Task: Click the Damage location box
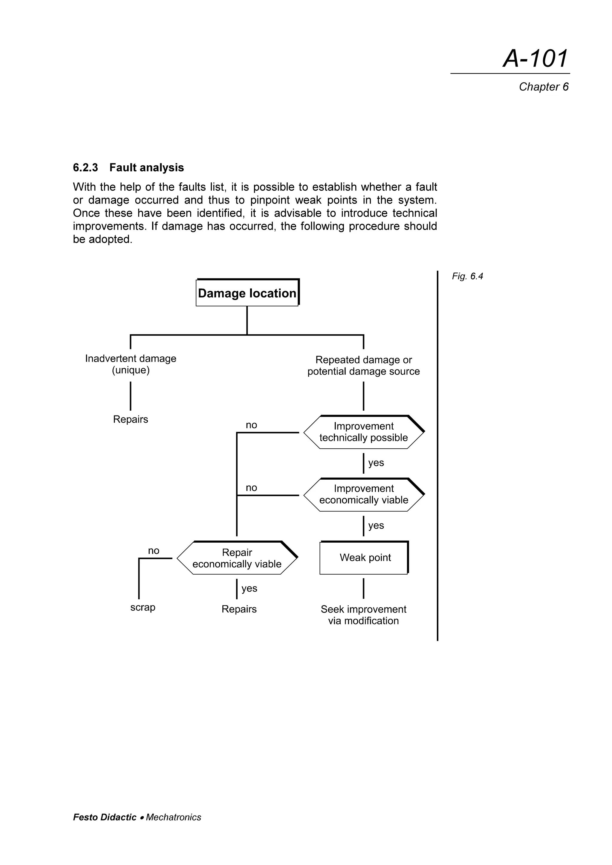[x=247, y=293]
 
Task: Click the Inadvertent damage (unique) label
[x=131, y=364]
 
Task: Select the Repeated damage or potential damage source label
[x=363, y=365]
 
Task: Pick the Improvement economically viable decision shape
[x=363, y=494]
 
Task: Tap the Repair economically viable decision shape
[x=237, y=558]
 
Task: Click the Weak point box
[x=364, y=558]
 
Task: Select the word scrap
[x=143, y=607]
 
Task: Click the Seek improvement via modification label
[x=363, y=615]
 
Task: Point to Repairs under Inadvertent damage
[x=131, y=419]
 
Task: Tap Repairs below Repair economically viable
[x=239, y=609]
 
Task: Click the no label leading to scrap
[x=154, y=550]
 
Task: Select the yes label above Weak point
[x=376, y=525]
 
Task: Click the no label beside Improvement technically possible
[x=251, y=425]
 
